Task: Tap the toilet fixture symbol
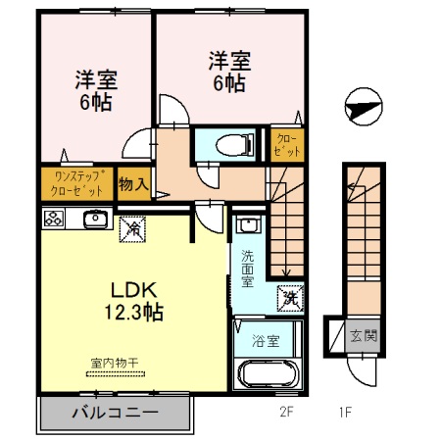pos(223,142)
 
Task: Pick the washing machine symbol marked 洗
pos(289,294)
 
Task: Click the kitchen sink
pos(95,219)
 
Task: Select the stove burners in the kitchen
pos(53,219)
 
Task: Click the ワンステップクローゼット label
pos(77,183)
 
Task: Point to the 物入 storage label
pos(134,183)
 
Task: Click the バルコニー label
pos(114,413)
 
